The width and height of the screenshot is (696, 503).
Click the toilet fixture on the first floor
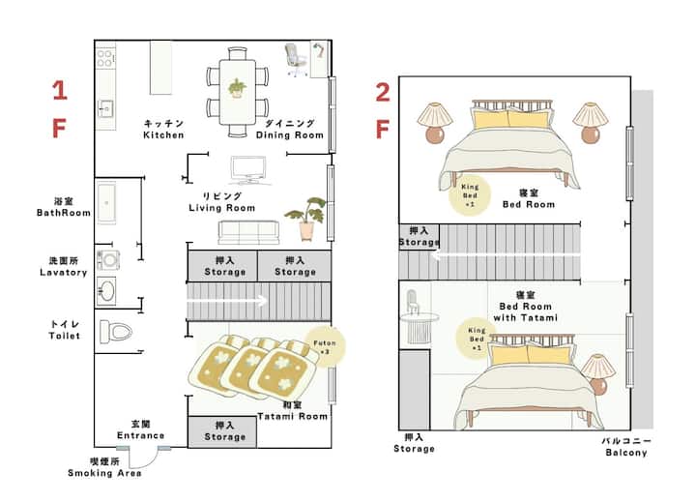point(115,332)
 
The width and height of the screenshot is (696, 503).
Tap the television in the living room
point(248,170)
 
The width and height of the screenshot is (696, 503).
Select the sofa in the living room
point(248,232)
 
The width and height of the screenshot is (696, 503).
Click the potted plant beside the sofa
point(306,219)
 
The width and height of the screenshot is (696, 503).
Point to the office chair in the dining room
point(296,60)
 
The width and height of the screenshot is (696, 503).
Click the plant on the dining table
point(238,88)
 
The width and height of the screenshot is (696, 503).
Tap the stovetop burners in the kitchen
point(105,58)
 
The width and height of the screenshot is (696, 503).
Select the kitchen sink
point(105,108)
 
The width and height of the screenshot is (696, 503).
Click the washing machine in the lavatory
point(108,260)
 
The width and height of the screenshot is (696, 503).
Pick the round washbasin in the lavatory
point(106,291)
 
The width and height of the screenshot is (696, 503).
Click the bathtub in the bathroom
point(106,202)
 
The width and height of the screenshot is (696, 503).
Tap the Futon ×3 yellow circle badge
point(326,346)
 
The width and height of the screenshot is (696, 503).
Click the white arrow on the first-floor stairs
point(227,301)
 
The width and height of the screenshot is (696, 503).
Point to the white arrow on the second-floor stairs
point(506,255)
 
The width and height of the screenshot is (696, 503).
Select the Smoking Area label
point(104,467)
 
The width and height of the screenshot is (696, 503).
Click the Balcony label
point(626,447)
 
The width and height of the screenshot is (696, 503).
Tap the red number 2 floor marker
point(383,92)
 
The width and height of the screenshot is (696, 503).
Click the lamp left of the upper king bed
point(435,123)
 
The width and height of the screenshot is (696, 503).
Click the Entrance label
point(141,429)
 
